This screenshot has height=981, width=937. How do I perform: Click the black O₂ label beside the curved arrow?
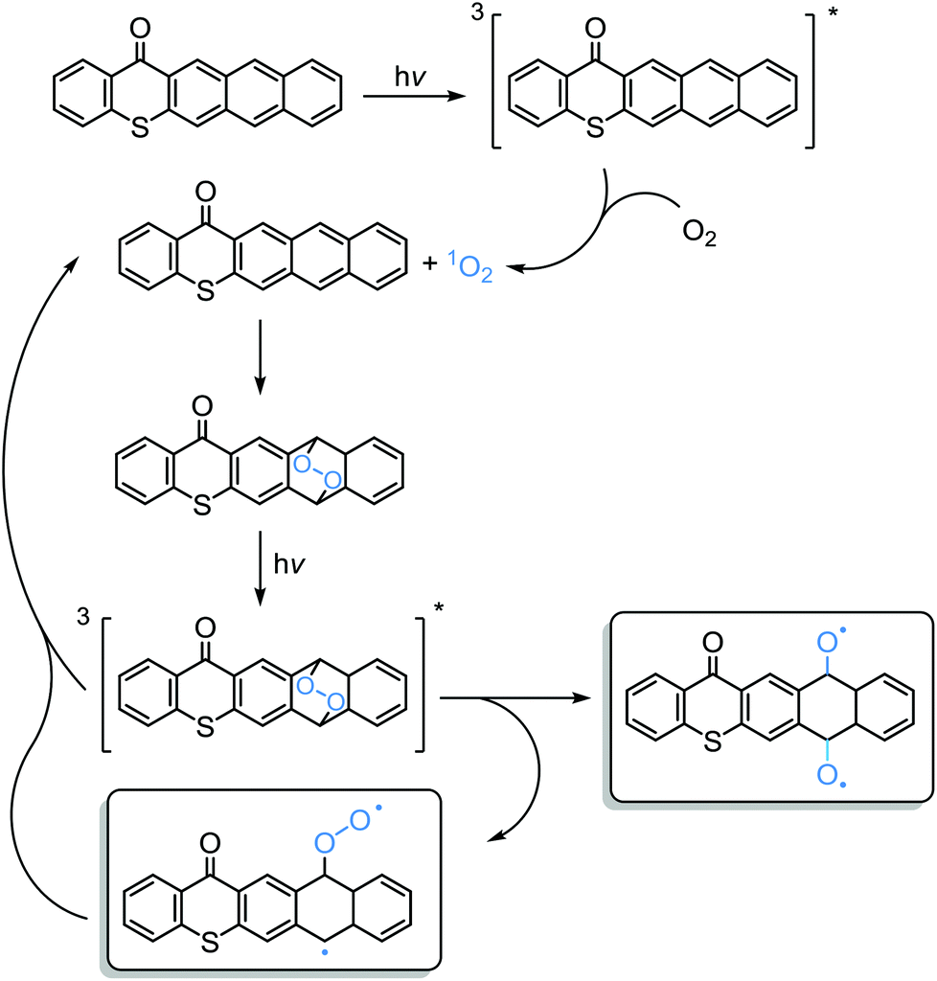pyautogui.click(x=699, y=235)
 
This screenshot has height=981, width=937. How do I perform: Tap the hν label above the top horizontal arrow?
pyautogui.click(x=410, y=78)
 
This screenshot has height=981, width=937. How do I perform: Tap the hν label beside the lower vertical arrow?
pyautogui.click(x=289, y=565)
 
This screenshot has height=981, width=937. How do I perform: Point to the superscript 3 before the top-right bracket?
pyautogui.click(x=478, y=13)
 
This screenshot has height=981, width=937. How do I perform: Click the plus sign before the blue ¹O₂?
pyautogui.click(x=430, y=263)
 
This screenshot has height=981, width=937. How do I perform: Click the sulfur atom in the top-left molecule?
pyautogui.click(x=140, y=129)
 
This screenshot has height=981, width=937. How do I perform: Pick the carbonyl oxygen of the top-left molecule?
pyautogui.click(x=140, y=29)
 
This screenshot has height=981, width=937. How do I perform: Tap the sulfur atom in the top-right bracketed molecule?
pyautogui.click(x=595, y=129)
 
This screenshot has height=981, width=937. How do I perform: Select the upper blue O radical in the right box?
pyautogui.click(x=828, y=643)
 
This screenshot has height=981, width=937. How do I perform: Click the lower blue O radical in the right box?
pyautogui.click(x=828, y=775)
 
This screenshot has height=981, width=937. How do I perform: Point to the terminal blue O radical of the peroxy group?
pyautogui.click(x=361, y=820)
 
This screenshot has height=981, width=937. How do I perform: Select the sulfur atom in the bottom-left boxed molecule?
pyautogui.click(x=210, y=943)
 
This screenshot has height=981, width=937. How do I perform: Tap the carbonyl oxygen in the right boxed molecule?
pyautogui.click(x=713, y=643)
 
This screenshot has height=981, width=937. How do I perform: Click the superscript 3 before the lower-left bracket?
pyautogui.click(x=83, y=617)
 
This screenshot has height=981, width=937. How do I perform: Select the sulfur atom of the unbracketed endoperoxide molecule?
pyautogui.click(x=202, y=506)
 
